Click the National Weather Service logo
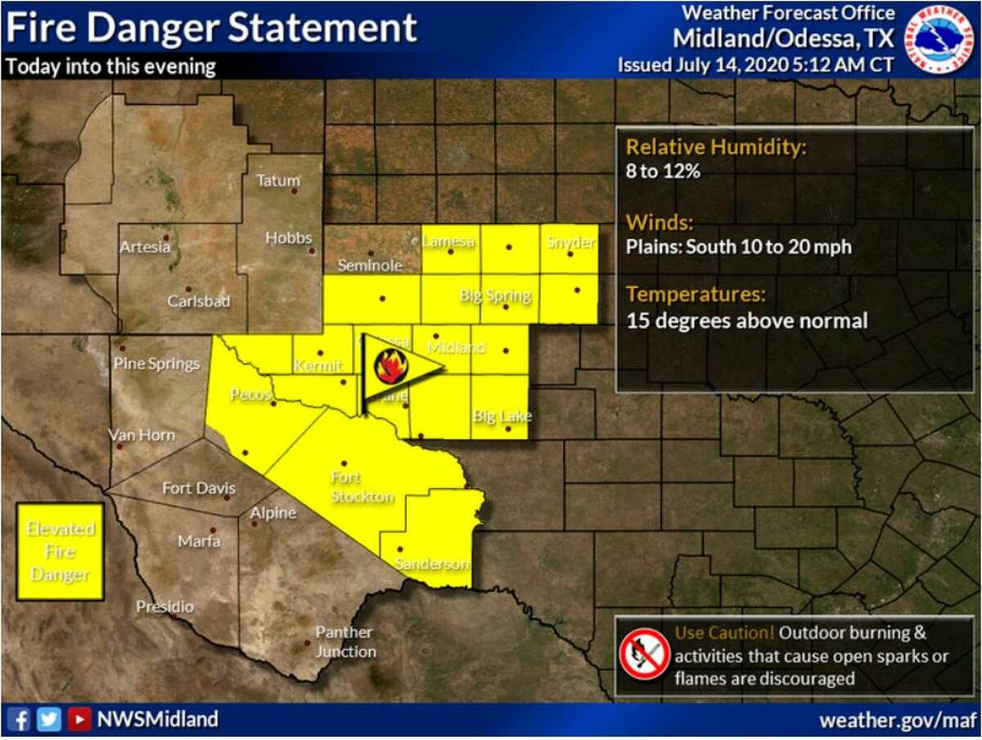[940, 38]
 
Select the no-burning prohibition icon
[645, 654]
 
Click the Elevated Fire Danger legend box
[61, 552]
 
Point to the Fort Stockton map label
[362, 487]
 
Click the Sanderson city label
[431, 563]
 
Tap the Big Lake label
[502, 417]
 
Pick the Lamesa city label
[448, 241]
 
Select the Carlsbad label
[199, 301]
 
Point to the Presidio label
[165, 607]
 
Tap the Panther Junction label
[345, 642]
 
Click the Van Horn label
[142, 435]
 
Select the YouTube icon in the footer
[79, 720]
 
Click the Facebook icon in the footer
[22, 720]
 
